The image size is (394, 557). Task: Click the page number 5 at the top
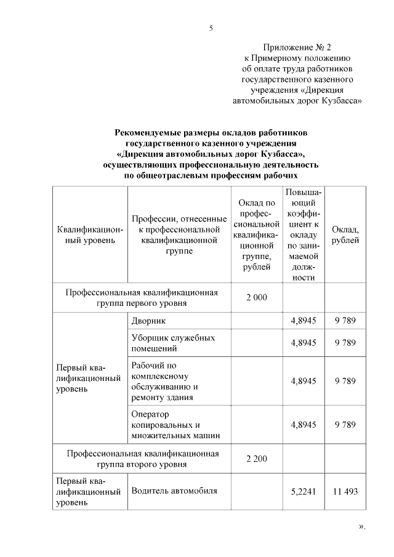[211, 27]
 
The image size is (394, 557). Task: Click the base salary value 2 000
[256, 298]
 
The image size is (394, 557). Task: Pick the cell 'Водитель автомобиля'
[175, 491]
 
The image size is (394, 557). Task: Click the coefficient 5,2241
[304, 492]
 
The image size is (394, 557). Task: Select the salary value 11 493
[345, 492]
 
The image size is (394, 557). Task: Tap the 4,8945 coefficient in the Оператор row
[304, 425]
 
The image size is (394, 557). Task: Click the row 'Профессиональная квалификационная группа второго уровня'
[143, 459]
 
